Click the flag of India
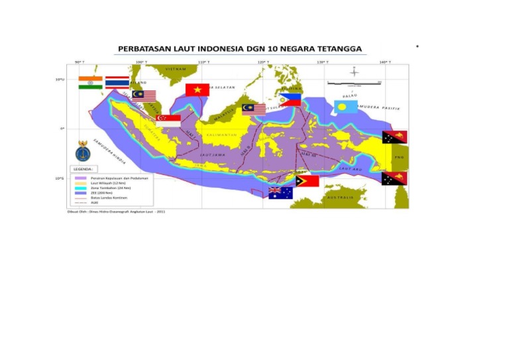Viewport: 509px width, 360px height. pyautogui.click(x=89, y=82)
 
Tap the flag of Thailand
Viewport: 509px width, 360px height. pyautogui.click(x=117, y=83)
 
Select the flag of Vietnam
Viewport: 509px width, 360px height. pyautogui.click(x=198, y=90)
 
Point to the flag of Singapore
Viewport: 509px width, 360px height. pyautogui.click(x=168, y=121)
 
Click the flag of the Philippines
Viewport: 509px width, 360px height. pyautogui.click(x=290, y=100)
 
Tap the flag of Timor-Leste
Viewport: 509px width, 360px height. pyautogui.click(x=307, y=180)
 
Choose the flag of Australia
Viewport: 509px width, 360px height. pyautogui.click(x=280, y=193)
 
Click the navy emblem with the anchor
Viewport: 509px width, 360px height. pyautogui.click(x=83, y=151)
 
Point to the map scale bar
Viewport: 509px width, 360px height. pyautogui.click(x=355, y=82)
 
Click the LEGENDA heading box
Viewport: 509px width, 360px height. pyautogui.click(x=84, y=169)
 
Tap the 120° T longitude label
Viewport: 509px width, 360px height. pyautogui.click(x=262, y=62)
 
